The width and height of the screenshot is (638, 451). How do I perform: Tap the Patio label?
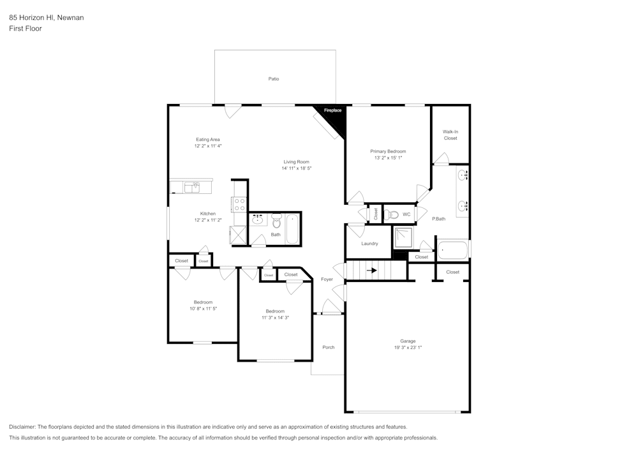pos(273,79)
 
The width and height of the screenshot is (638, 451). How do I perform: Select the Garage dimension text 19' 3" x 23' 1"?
pos(408,348)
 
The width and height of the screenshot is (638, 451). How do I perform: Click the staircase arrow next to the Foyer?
pos(371,270)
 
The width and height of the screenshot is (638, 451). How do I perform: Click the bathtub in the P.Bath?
pos(453,249)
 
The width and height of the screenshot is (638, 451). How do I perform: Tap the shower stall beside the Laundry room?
pos(403,237)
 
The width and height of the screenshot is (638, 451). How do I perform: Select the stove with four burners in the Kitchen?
pos(240,205)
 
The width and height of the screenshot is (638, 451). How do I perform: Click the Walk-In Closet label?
pos(450,135)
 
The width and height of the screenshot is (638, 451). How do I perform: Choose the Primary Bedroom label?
pos(388,151)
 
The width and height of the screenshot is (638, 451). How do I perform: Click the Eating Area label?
pos(207,139)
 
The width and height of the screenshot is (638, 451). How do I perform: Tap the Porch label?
pos(328,347)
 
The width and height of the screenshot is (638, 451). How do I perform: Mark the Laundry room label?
pos(369,244)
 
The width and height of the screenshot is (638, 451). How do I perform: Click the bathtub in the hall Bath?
pos(292,228)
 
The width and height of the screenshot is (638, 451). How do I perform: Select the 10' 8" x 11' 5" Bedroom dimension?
pos(204,309)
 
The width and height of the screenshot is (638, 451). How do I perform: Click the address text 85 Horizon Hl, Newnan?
pos(46,18)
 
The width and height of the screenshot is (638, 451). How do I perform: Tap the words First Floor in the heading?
pos(26,29)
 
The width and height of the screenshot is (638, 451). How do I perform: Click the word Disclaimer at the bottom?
pos(22,427)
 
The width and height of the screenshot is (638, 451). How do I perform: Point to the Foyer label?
pos(327,279)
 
